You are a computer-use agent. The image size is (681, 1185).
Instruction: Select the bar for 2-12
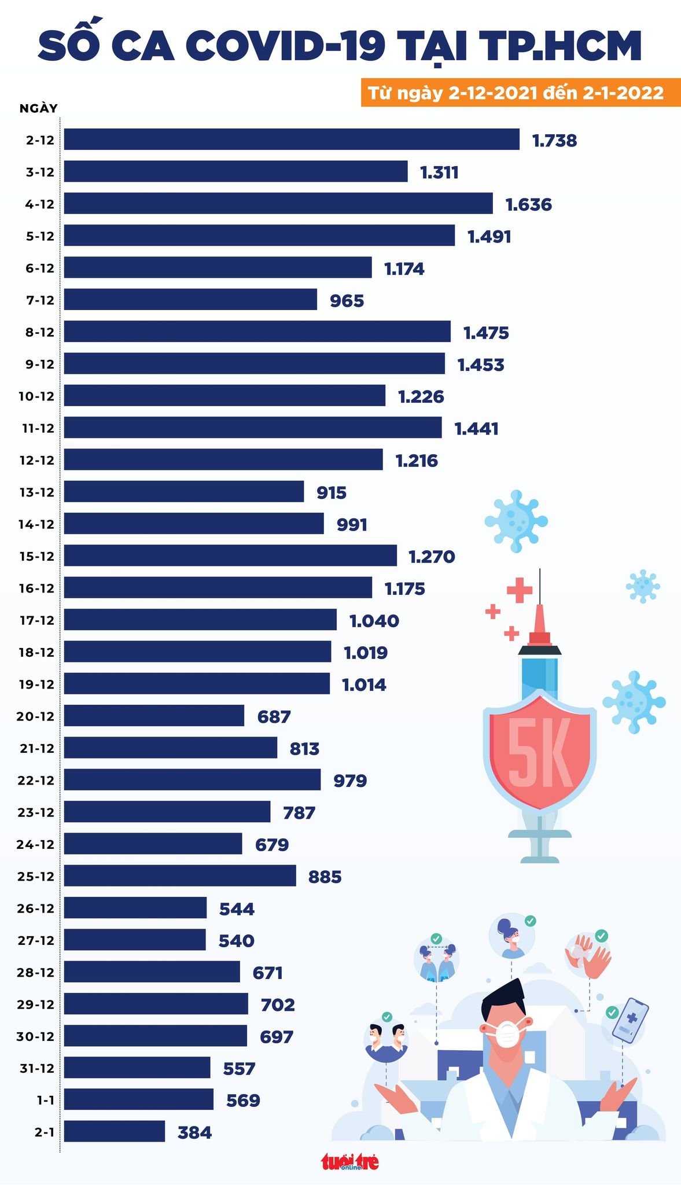pyautogui.click(x=292, y=139)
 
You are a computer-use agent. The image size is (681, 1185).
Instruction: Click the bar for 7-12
pyautogui.click(x=190, y=300)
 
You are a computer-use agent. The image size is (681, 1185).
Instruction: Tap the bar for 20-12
pyautogui.click(x=154, y=716)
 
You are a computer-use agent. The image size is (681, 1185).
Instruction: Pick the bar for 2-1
pyautogui.click(x=114, y=1131)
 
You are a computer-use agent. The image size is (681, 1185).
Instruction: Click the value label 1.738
pyautogui.click(x=554, y=141)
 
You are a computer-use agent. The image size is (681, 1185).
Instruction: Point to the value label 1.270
pyautogui.click(x=432, y=557)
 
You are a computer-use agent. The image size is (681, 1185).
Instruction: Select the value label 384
pyautogui.click(x=194, y=1132)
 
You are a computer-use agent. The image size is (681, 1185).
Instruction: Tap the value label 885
pyautogui.click(x=325, y=877)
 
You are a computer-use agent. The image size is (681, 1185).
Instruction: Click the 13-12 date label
pyautogui.click(x=36, y=492)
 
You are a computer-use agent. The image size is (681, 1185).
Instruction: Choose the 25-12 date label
pyautogui.click(x=36, y=876)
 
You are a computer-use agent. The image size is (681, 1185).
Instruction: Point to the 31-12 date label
pyautogui.click(x=37, y=1068)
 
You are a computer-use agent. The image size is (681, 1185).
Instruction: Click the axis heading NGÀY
pyautogui.click(x=38, y=108)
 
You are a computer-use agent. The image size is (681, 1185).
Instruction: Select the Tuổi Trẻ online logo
pyautogui.click(x=350, y=1161)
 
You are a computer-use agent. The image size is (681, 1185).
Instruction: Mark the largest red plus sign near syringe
pyautogui.click(x=519, y=590)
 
